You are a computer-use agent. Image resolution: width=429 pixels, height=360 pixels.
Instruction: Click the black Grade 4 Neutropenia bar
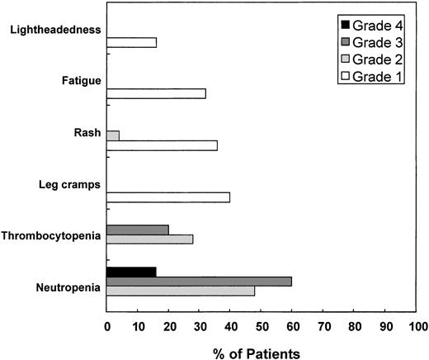tap(131, 271)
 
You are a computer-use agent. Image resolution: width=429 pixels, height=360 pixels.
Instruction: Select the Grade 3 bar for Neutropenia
tap(199, 281)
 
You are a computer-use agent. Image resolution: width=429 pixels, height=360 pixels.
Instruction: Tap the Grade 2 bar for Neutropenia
tap(181, 291)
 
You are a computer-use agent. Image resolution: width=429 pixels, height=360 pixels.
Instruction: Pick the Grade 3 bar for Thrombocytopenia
tap(138, 229)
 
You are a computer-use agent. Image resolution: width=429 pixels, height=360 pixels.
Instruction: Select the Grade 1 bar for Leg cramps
tap(168, 197)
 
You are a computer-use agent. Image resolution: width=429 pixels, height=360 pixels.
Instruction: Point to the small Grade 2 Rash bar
tap(113, 135)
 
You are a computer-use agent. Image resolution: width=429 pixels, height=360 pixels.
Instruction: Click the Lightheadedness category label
tap(57, 30)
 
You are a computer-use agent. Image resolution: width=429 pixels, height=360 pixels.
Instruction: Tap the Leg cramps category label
tap(69, 184)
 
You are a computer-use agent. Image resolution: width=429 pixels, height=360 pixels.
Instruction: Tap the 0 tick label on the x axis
tap(107, 325)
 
